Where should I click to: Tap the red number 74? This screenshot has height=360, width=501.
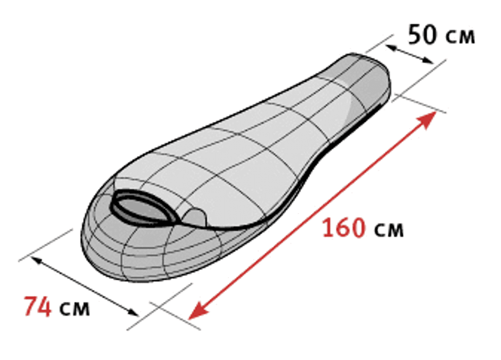38,306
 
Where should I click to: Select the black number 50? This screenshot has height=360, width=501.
422,34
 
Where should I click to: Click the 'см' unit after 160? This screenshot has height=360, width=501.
389,230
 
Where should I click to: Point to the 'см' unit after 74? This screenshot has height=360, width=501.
75,308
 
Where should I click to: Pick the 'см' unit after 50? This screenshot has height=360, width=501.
460,37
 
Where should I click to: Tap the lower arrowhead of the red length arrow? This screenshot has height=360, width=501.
196,311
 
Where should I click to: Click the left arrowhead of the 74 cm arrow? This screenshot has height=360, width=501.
36,261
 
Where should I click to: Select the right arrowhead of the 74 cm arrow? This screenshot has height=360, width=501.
133,312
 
